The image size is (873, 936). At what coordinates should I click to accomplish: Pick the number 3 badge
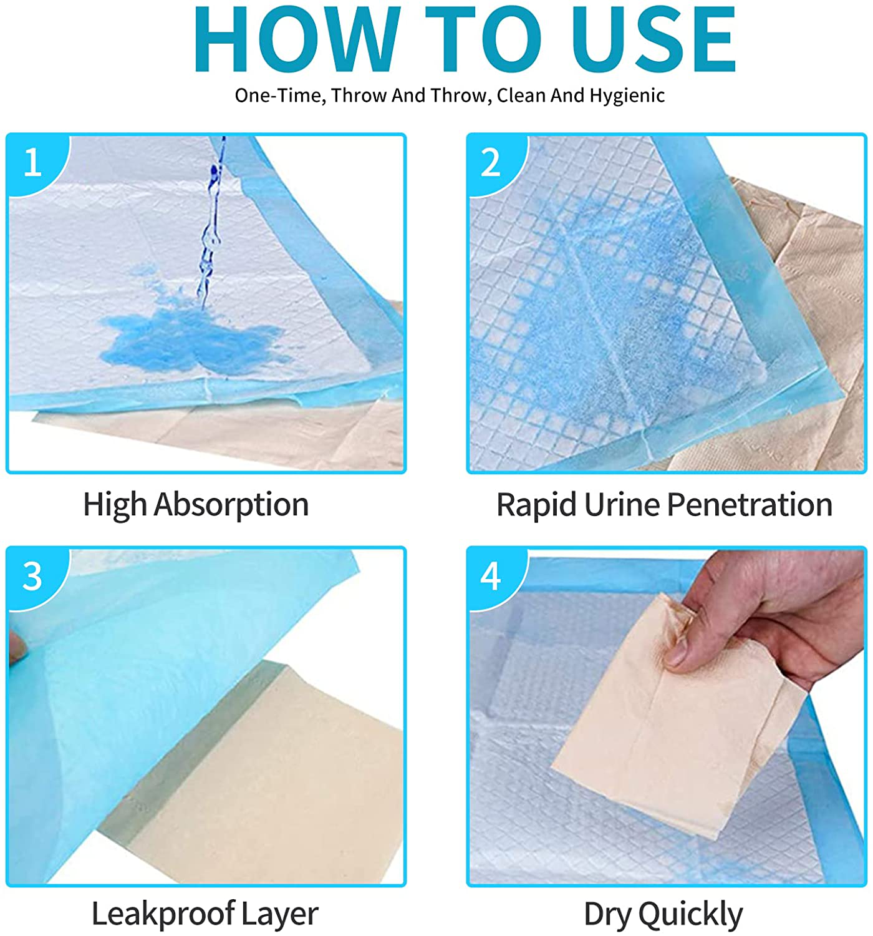[x=32, y=576]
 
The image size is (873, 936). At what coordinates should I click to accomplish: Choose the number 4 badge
[x=491, y=576]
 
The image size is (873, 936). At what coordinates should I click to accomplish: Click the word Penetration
[x=750, y=505]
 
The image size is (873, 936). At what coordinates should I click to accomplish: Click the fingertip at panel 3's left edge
[x=15, y=650]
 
